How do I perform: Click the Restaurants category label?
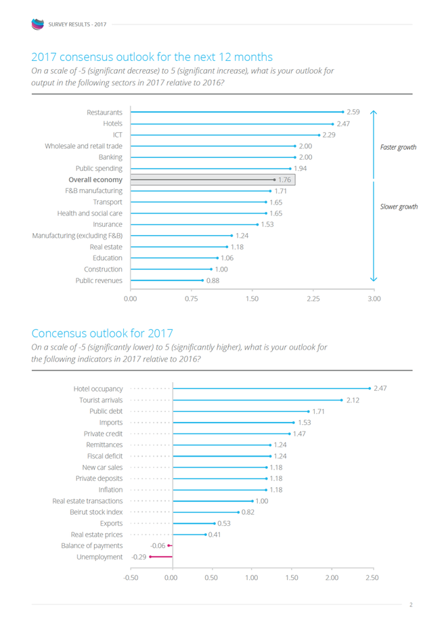tap(104, 112)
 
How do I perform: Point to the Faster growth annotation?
tap(399, 147)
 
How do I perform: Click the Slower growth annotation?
tap(399, 207)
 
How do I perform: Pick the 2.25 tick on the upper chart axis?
tap(313, 298)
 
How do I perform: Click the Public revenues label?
tap(99, 280)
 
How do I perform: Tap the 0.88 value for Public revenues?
tap(213, 280)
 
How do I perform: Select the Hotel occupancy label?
tap(98, 389)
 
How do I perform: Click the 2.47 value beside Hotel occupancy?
tap(380, 389)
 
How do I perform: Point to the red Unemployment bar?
tap(161, 557)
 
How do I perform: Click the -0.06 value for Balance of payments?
tap(158, 545)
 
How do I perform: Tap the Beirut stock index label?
tap(96, 512)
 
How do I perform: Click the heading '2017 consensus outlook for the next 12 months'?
tap(152, 56)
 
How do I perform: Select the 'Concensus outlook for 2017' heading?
tap(102, 333)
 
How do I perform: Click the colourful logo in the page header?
tap(37, 24)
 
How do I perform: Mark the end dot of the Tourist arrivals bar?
tap(342, 400)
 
